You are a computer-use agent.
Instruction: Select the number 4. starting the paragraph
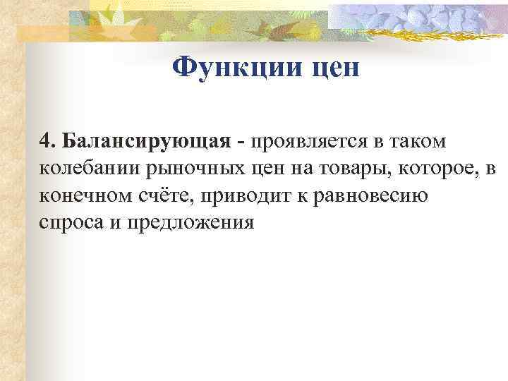(x=47, y=141)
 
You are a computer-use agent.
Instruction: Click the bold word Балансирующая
(x=147, y=142)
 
